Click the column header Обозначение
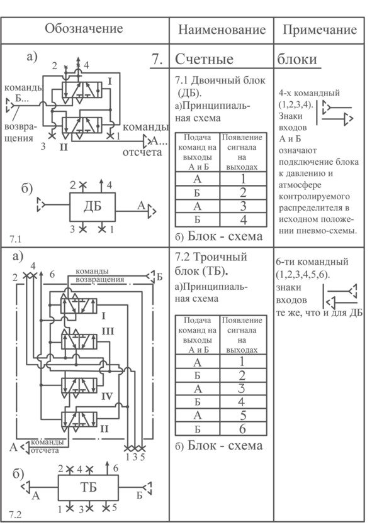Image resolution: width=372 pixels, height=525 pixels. pyautogui.click(x=84, y=29)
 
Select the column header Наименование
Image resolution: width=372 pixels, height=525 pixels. pyautogui.click(x=222, y=30)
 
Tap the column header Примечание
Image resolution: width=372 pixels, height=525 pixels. pyautogui.click(x=319, y=30)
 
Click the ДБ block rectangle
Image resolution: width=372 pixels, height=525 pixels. pyautogui.click(x=93, y=207)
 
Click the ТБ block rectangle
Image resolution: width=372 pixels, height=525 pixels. pyautogui.click(x=89, y=487)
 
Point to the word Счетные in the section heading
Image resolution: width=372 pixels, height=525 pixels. pyautogui.click(x=204, y=59)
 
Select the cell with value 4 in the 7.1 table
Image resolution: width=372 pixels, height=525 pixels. pyautogui.click(x=244, y=219)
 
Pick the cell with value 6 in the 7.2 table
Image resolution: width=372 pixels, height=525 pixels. pyautogui.click(x=243, y=429)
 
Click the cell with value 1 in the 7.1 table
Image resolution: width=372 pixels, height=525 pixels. pyautogui.click(x=244, y=179)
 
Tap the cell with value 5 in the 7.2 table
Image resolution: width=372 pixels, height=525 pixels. pyautogui.click(x=243, y=416)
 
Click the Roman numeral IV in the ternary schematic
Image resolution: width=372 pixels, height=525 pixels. pyautogui.click(x=107, y=397)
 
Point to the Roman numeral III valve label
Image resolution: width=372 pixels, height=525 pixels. pyautogui.click(x=108, y=331)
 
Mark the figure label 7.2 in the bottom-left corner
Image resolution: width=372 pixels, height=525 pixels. pyautogui.click(x=15, y=514)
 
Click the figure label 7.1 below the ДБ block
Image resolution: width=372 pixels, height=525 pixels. pyautogui.click(x=15, y=239)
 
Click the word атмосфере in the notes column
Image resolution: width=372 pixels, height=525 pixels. pyautogui.click(x=300, y=185)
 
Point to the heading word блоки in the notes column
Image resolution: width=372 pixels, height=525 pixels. pyautogui.click(x=297, y=59)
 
